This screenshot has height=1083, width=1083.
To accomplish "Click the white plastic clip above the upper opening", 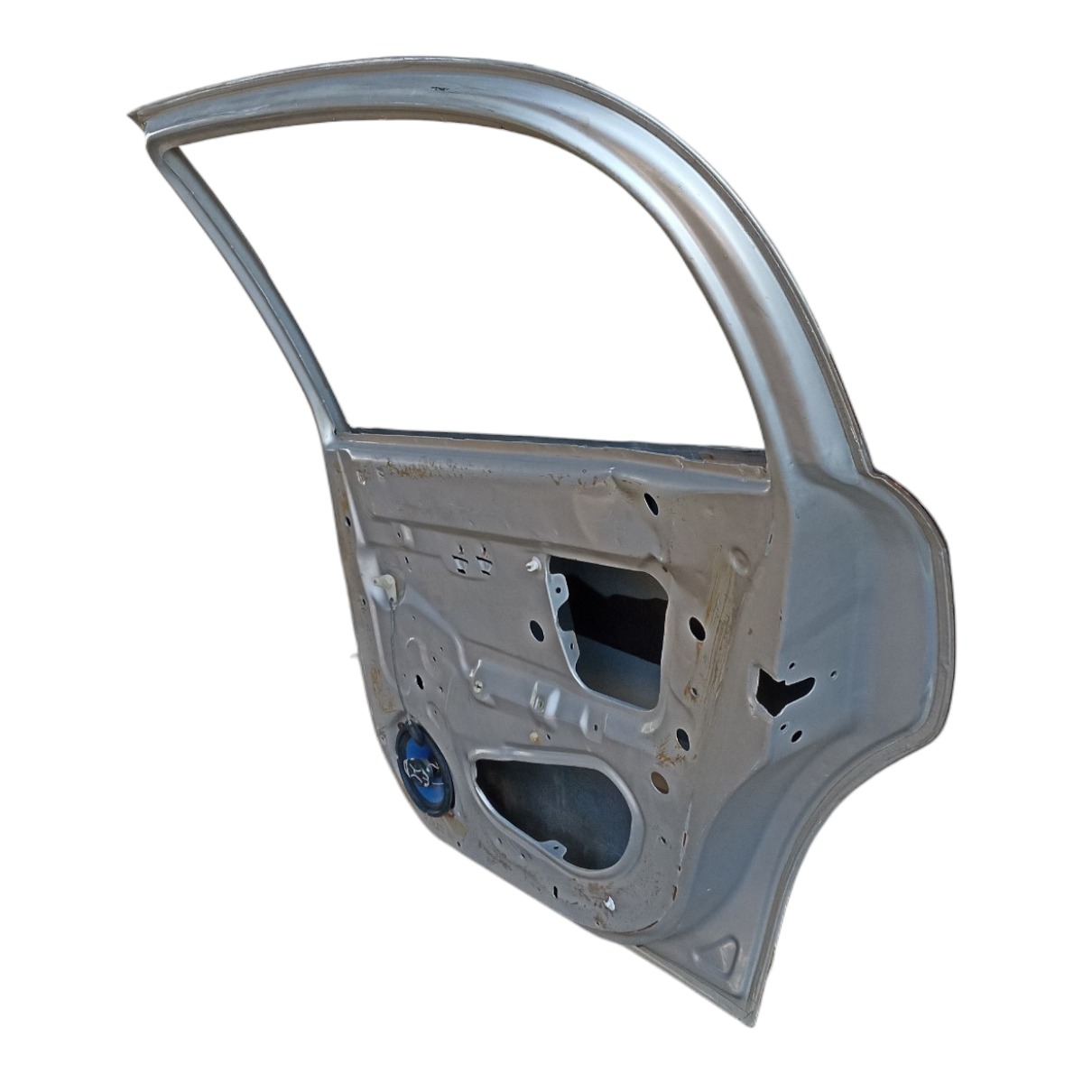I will tap(532, 565).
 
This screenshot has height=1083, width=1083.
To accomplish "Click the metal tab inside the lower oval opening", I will tap(552, 848).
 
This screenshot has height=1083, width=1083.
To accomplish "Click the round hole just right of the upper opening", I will tap(695, 625).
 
